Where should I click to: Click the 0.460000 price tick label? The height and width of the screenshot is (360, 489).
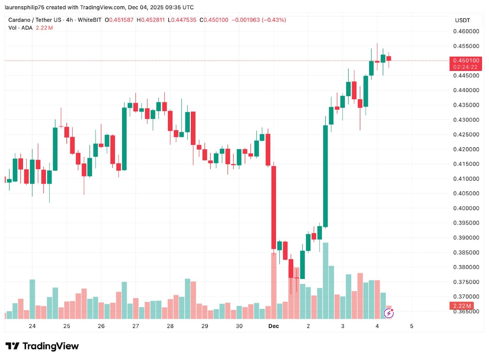pyautogui.click(x=466, y=31)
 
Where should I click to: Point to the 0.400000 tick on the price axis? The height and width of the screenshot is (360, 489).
pyautogui.click(x=466, y=208)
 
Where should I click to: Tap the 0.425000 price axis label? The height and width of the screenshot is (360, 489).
pyautogui.click(x=466, y=135)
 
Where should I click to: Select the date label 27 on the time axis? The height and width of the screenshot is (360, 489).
pyautogui.click(x=136, y=326)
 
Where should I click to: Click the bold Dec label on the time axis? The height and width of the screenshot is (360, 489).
pyautogui.click(x=273, y=326)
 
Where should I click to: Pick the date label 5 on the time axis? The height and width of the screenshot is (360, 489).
pyautogui.click(x=411, y=326)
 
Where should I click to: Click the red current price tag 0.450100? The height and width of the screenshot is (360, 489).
pyautogui.click(x=466, y=61)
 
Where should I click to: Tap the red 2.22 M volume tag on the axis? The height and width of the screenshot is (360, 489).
pyautogui.click(x=462, y=306)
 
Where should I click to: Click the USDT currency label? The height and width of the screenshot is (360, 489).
pyautogui.click(x=462, y=20)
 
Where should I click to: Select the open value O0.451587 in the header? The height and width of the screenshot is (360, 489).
pyautogui.click(x=119, y=20)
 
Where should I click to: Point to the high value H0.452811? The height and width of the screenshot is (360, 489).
pyautogui.click(x=151, y=20)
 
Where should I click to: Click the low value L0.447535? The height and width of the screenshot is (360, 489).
pyautogui.click(x=182, y=20)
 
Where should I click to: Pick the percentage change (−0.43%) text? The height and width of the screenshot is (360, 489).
pyautogui.click(x=274, y=20)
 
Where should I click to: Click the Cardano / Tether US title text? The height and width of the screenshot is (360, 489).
pyautogui.click(x=35, y=20)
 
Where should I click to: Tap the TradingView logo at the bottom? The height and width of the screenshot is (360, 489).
pyautogui.click(x=42, y=346)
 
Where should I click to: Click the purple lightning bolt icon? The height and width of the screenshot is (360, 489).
pyautogui.click(x=389, y=313)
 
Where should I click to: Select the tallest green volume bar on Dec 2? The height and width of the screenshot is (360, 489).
pyautogui.click(x=326, y=280)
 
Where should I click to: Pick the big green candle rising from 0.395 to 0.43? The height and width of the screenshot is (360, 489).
pyautogui.click(x=326, y=176)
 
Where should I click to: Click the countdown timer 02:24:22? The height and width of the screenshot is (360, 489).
pyautogui.click(x=465, y=67)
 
